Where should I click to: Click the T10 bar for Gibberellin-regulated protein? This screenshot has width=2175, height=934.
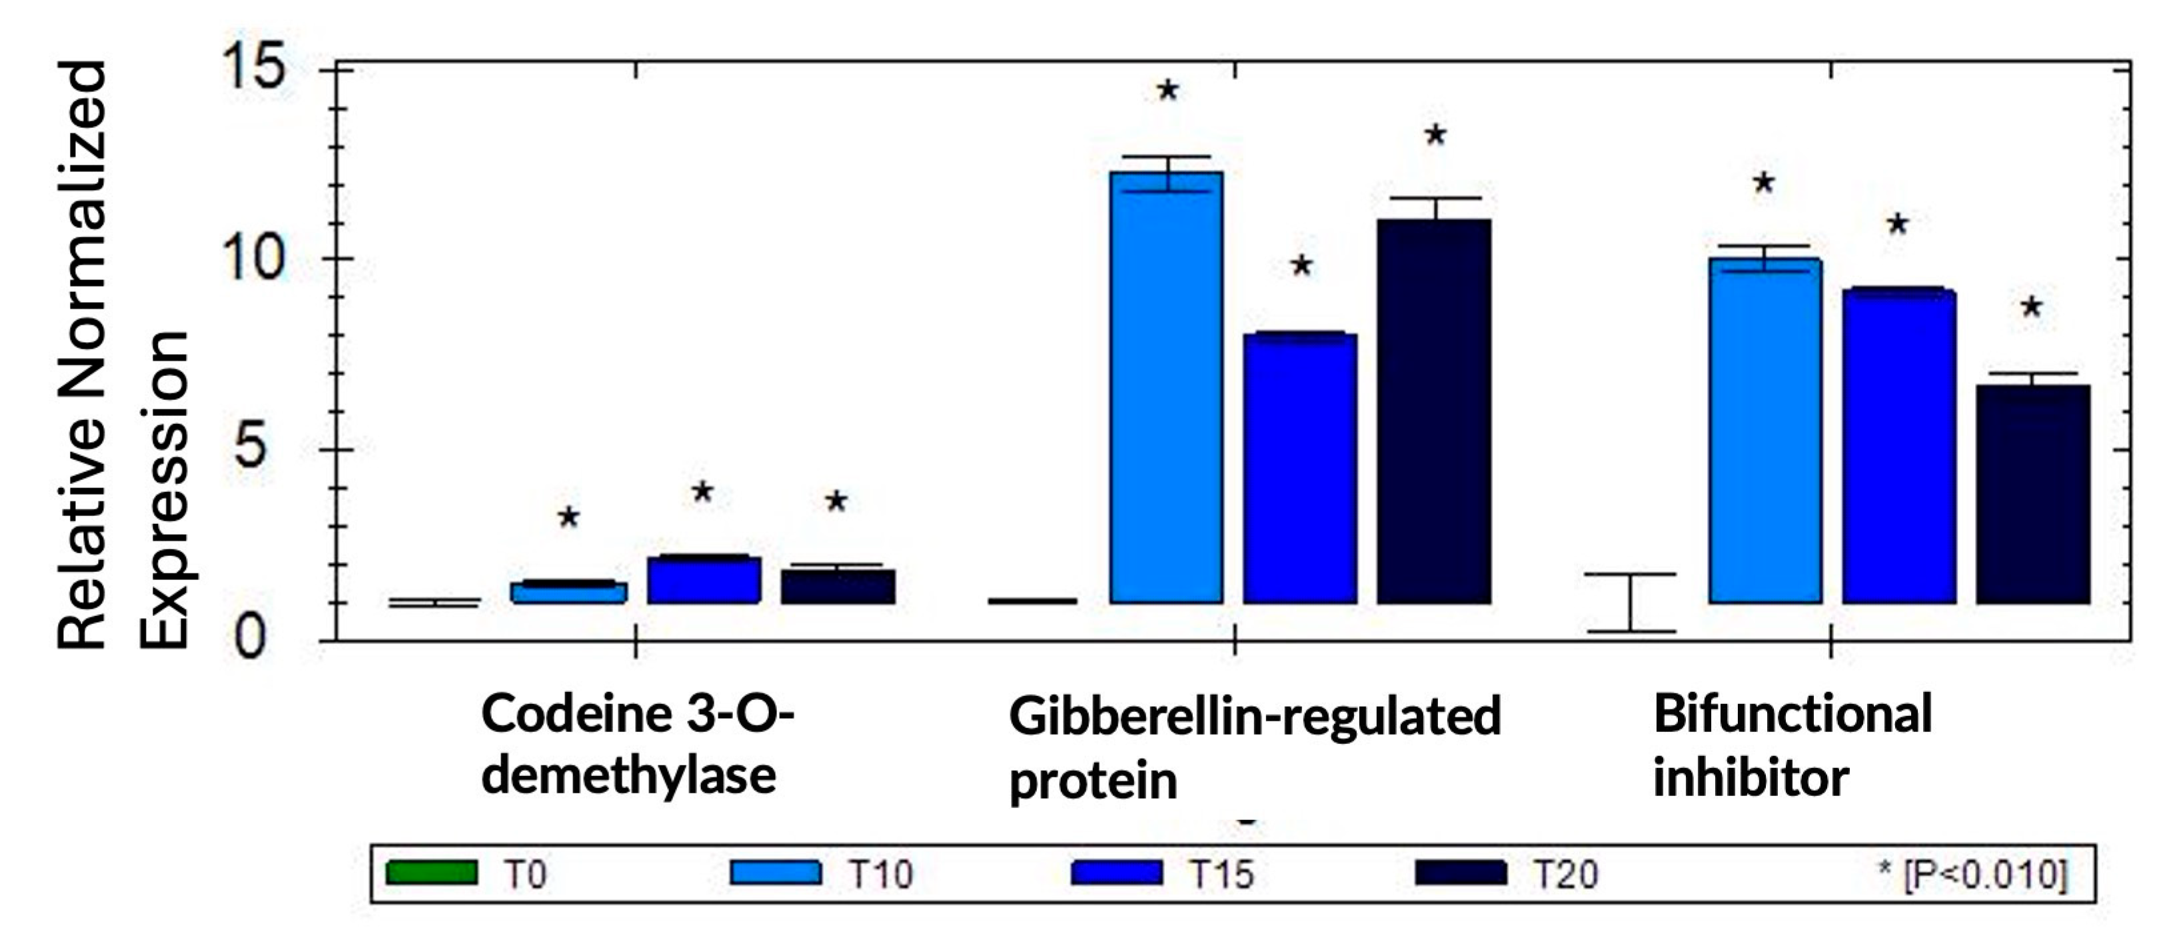tap(1166, 389)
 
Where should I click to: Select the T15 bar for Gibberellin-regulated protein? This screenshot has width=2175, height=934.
tap(1300, 469)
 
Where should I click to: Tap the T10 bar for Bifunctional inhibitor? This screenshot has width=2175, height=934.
tap(1765, 431)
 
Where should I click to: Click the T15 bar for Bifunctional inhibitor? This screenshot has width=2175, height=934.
tap(1899, 447)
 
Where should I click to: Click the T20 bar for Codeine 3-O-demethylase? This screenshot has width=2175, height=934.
tap(837, 586)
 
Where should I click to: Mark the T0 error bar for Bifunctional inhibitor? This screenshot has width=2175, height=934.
tap(1631, 602)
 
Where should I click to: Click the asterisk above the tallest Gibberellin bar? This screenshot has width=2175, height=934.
tap(1167, 89)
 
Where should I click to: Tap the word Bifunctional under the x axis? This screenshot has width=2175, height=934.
tap(1792, 713)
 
